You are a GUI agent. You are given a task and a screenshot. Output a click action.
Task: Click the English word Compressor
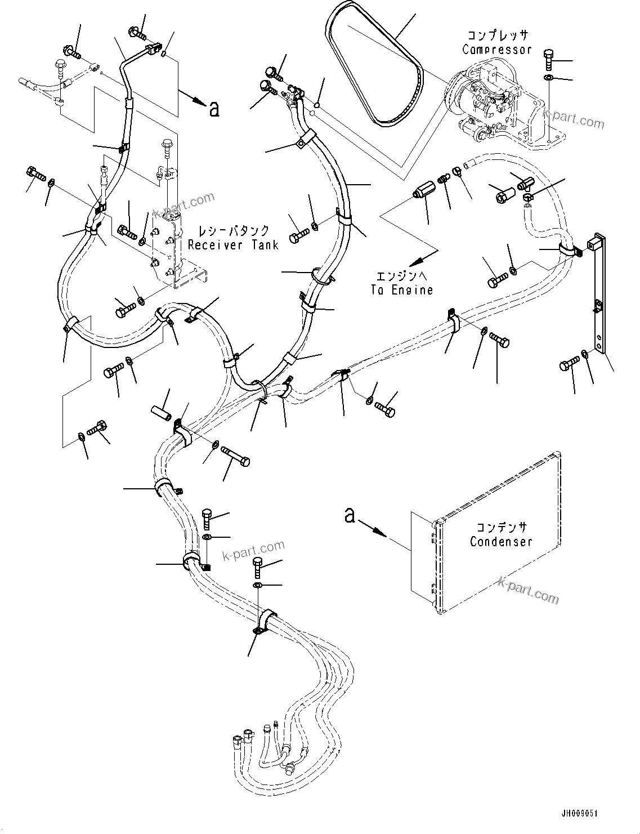coord(496,50)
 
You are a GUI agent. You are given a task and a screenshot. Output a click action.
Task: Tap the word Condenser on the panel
coord(501,542)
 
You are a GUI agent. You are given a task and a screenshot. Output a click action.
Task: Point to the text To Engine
coord(402,289)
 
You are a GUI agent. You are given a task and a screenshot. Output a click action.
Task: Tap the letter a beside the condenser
coord(350,515)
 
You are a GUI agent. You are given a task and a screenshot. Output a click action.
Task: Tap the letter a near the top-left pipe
coord(213,109)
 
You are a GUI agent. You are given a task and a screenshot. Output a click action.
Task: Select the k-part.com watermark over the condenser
coord(528,589)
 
